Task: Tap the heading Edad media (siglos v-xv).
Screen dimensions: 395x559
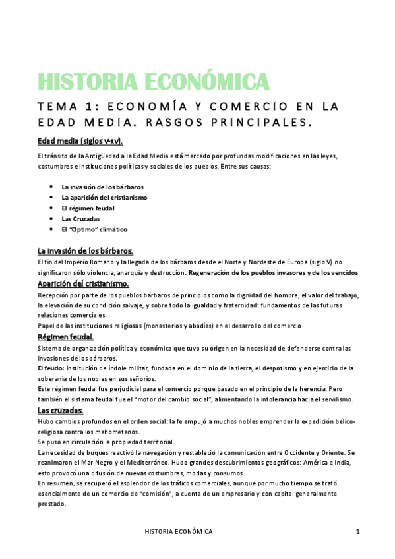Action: (x=80, y=142)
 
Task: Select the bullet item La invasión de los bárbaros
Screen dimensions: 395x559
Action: (x=102, y=187)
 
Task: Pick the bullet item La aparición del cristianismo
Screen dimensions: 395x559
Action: (x=104, y=198)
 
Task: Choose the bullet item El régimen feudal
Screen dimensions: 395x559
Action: (x=88, y=208)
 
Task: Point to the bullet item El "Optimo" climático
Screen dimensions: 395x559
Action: (x=94, y=229)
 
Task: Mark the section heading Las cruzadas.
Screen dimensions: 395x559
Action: (x=60, y=411)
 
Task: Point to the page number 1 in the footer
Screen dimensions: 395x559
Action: (x=357, y=531)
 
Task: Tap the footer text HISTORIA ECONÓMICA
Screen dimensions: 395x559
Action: (x=179, y=531)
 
